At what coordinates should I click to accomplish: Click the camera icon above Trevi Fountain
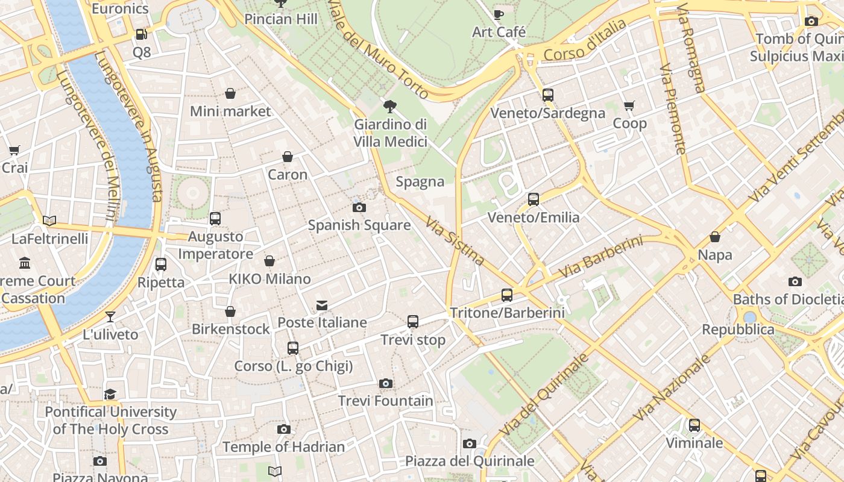[386, 383]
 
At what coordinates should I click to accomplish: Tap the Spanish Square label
[359, 225]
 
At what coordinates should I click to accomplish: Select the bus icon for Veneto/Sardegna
[547, 95]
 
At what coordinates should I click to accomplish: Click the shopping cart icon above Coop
[629, 106]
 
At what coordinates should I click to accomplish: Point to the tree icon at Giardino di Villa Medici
[390, 107]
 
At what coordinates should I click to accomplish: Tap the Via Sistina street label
[455, 241]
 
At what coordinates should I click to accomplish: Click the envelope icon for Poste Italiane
[322, 305]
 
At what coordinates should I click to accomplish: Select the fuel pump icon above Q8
[141, 35]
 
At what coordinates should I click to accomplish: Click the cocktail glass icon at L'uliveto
[110, 317]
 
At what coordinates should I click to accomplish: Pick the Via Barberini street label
[600, 257]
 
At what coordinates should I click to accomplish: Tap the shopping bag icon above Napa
[715, 237]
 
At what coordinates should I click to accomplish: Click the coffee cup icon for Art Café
[499, 14]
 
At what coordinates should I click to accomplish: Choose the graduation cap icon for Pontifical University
[110, 395]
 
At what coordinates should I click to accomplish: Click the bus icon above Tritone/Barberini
[507, 295]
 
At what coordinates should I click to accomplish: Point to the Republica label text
[738, 330]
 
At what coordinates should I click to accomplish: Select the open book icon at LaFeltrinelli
[49, 221]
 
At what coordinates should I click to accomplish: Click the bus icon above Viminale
[694, 425]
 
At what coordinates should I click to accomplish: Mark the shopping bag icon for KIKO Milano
[269, 261]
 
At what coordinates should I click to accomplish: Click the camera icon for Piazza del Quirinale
[470, 444]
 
